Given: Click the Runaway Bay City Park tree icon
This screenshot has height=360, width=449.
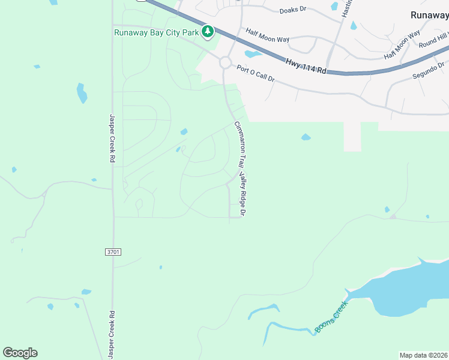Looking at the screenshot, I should point(208,31).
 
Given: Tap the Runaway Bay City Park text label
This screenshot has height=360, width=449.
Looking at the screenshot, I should point(157,32).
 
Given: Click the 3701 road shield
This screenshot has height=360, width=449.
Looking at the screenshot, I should point(113,252).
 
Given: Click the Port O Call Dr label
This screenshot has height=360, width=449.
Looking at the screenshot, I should point(255,74).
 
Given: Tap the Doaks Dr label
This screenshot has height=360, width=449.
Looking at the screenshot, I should point(293,10).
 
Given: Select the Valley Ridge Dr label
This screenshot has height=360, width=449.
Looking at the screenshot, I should point(243,194).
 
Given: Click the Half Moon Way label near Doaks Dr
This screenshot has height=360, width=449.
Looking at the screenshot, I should point(267,35).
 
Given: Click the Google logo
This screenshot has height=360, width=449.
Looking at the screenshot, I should point(20,353).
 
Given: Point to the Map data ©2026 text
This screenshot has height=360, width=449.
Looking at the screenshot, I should point(424,355).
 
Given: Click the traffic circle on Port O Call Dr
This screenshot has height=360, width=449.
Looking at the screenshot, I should point(225,62).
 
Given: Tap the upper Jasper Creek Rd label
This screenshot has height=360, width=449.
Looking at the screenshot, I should point(112,139).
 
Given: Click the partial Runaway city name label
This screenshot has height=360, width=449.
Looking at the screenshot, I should point(429,16).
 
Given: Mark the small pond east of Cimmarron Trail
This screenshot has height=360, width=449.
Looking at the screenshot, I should point(306,137).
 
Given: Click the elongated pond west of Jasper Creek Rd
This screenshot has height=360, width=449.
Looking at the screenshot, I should point(82,93).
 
